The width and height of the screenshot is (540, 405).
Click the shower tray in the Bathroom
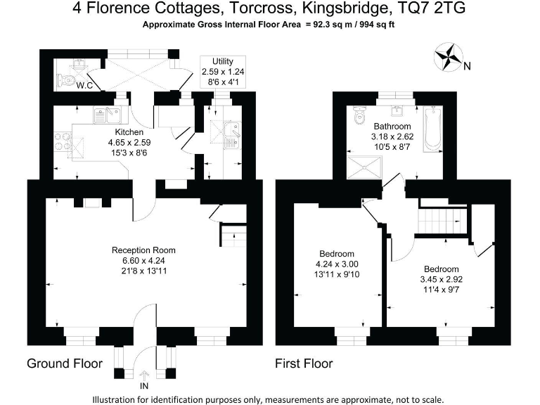pos(366,167)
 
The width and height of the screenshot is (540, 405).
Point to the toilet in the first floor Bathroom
pos(361,113)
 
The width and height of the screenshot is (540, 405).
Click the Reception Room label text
pos(144,250)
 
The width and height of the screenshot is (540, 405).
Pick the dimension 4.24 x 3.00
pos(337,264)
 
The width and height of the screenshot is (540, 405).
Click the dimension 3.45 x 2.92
pos(441,279)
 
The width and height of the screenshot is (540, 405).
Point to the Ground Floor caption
pos(65,364)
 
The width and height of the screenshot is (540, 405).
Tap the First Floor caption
pos(304,364)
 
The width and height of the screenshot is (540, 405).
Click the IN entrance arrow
pos(145,378)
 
